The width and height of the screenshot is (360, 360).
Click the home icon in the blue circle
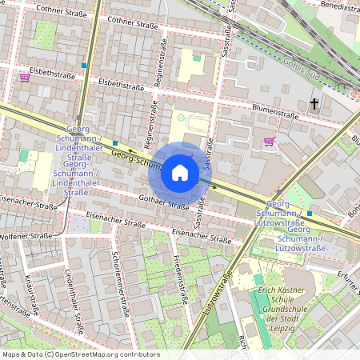[180, 172]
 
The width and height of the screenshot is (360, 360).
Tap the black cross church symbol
[314, 104]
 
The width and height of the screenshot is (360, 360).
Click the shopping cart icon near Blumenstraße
[268, 142]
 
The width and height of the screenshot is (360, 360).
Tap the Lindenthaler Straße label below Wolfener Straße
[74, 300]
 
